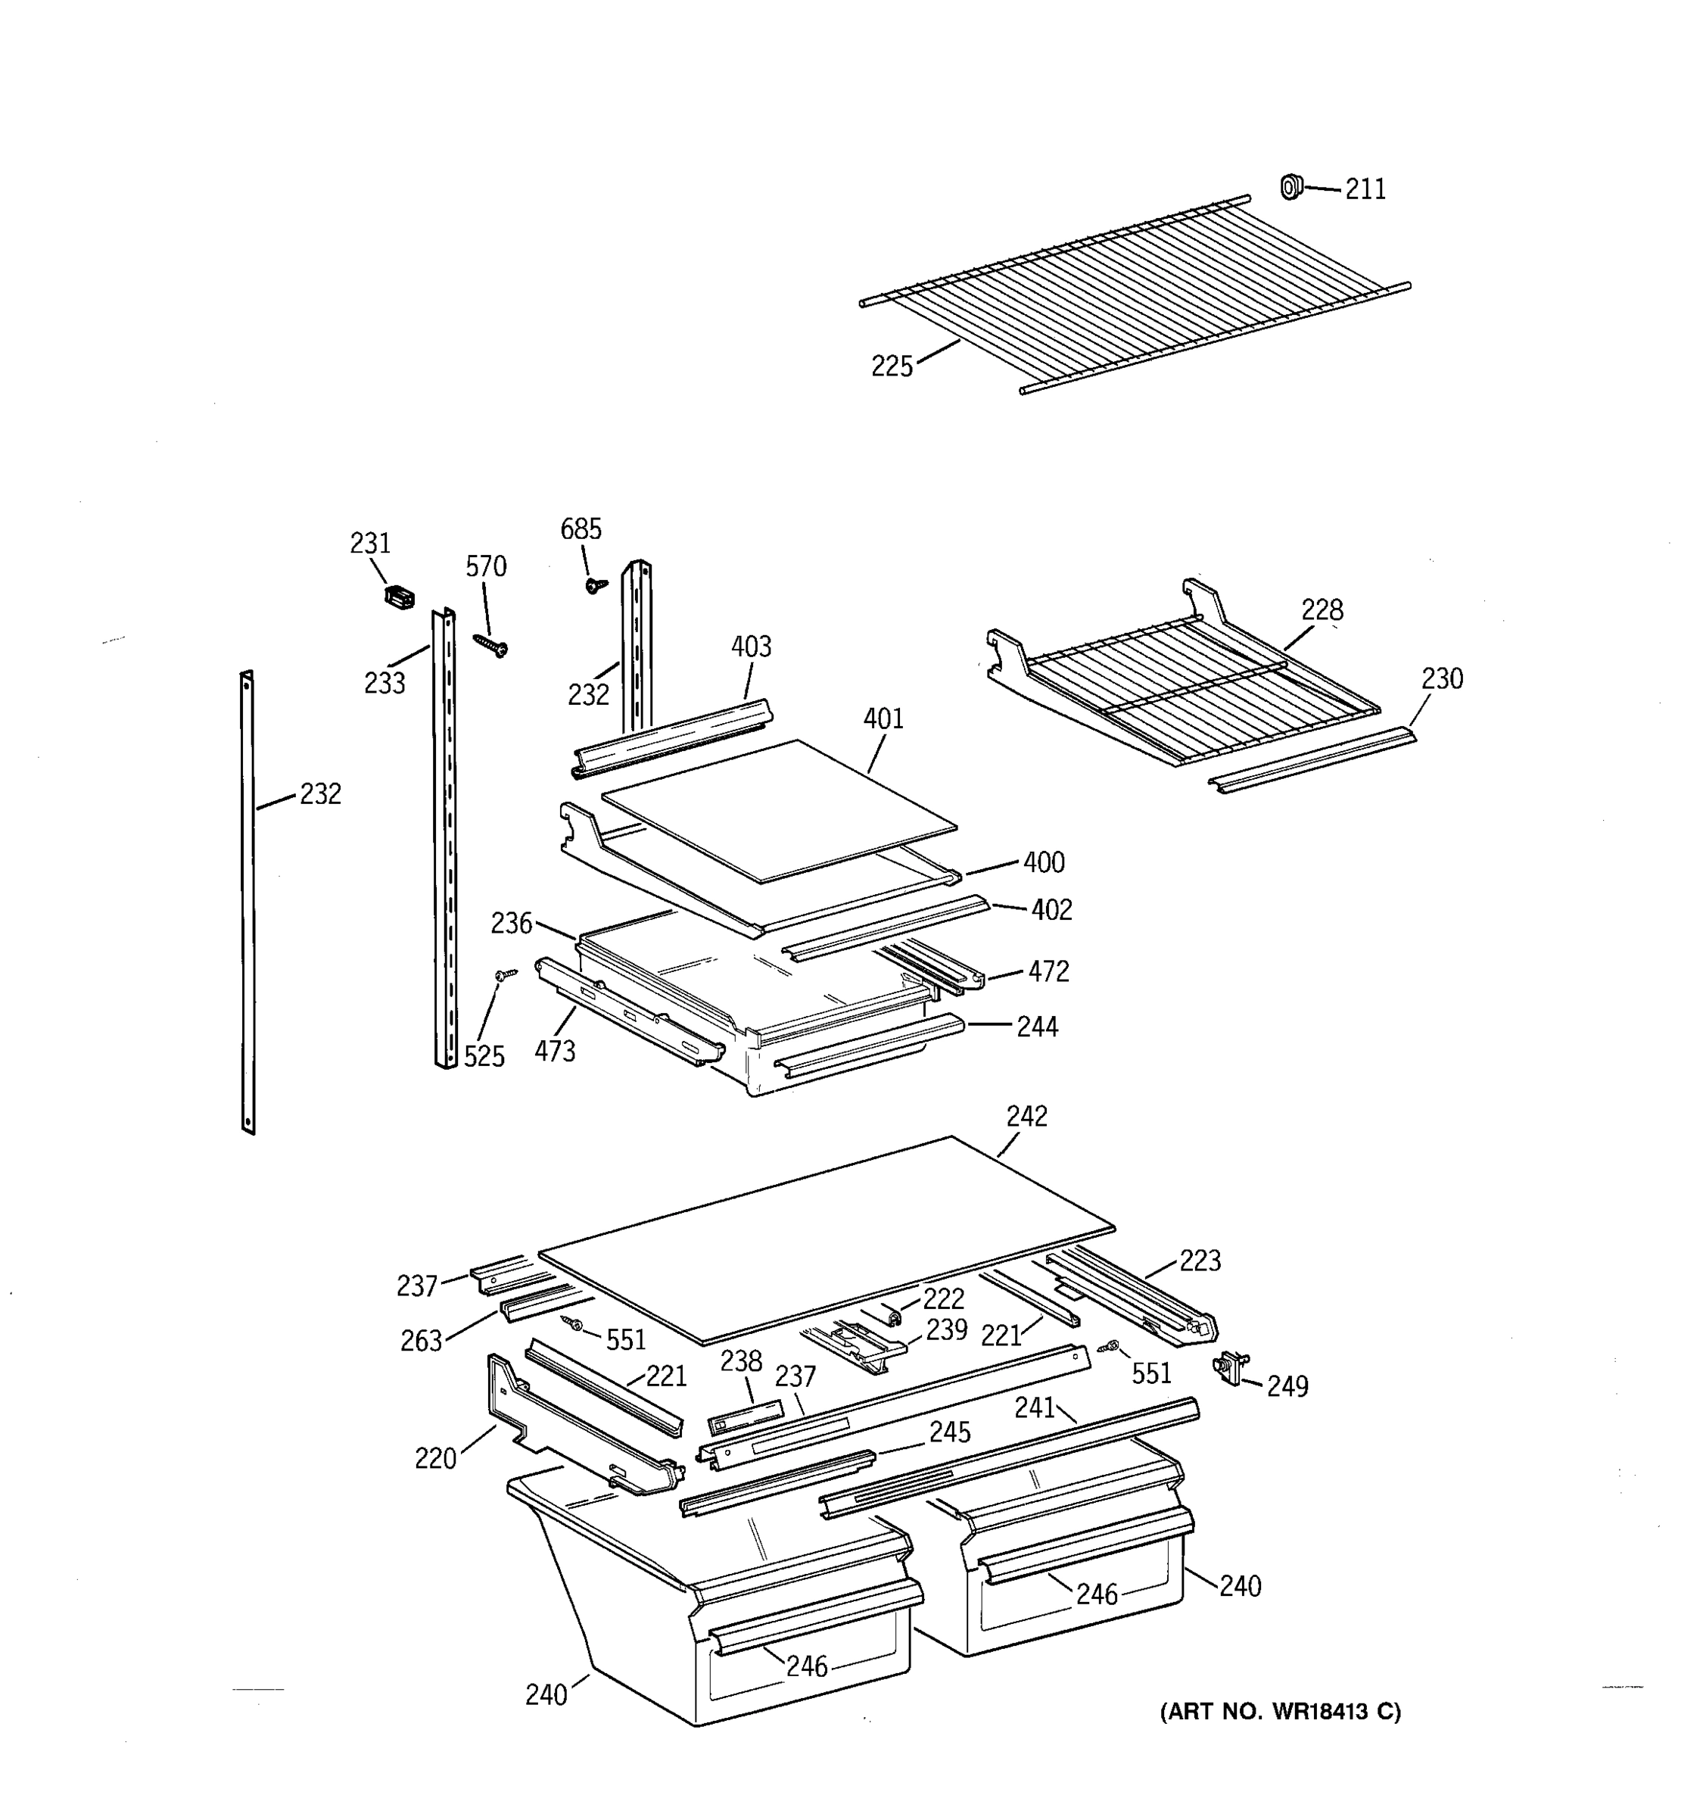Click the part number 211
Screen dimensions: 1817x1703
[x=1365, y=189]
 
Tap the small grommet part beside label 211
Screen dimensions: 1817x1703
[x=1289, y=186]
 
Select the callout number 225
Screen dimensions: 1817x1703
[x=892, y=366]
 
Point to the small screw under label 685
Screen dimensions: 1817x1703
[x=596, y=583]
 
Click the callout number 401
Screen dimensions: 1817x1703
[x=883, y=718]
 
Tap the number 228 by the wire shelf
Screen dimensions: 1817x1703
[x=1322, y=609]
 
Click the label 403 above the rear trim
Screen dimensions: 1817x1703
[x=751, y=647]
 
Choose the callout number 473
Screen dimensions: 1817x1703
[x=555, y=1051]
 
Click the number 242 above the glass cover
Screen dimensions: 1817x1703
[x=1027, y=1116]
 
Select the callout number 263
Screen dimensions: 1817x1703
[x=421, y=1341]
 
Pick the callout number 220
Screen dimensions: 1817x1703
[x=435, y=1458]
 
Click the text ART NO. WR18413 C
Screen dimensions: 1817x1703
[x=1280, y=1712]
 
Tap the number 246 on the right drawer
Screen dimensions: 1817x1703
[x=1096, y=1594]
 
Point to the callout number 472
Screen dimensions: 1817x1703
[x=1048, y=971]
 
